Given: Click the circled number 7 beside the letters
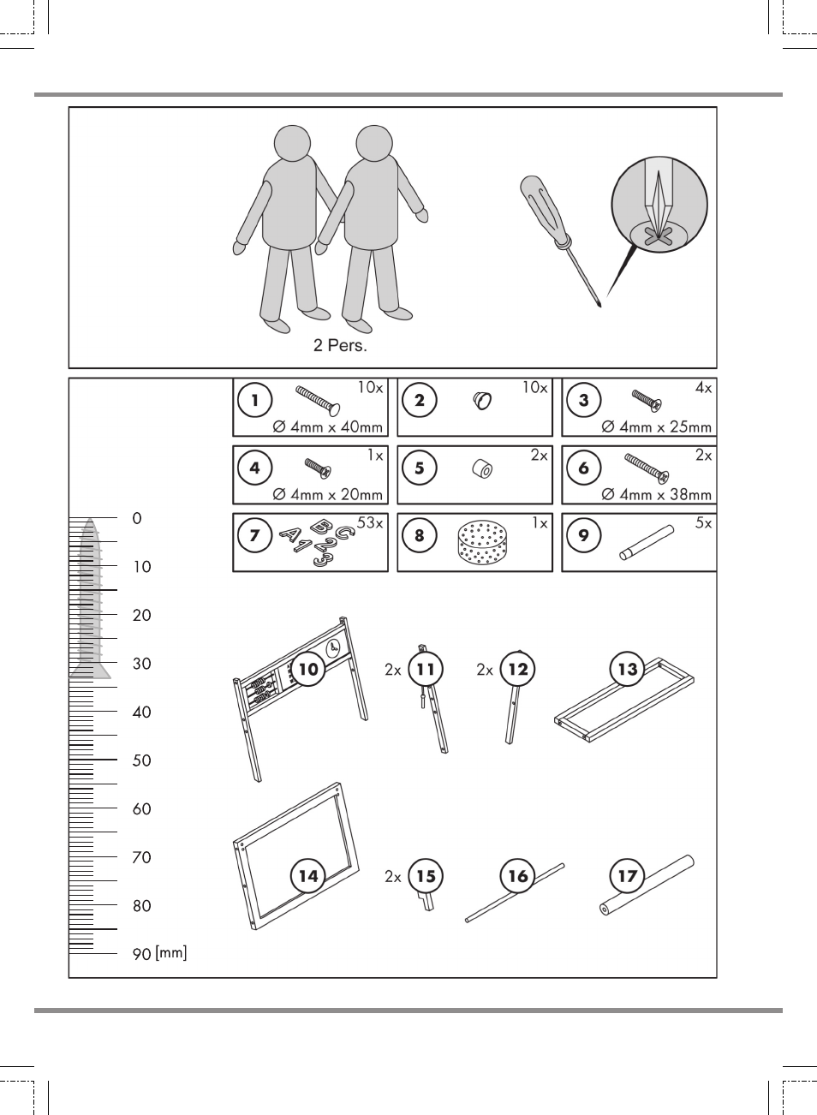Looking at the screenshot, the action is pos(255,535).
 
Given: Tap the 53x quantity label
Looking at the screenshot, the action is pos(370,522).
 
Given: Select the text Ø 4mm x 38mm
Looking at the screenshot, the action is pos(656,494).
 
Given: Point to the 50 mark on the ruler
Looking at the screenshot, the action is pos(141,760).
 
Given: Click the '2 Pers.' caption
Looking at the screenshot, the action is pos(340,345).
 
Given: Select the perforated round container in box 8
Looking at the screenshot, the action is pos(481,543).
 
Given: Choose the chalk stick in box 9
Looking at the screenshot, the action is pos(647,543).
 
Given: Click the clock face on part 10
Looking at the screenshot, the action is pos(334,648).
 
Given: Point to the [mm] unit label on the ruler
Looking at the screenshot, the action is pos(171,953).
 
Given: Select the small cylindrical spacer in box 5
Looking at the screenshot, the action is pos(482,469).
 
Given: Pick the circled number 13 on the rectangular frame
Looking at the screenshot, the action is pos(628,669).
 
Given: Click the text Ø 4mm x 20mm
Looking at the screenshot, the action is pos(328,494).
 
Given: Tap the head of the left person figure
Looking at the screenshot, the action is pos(292,143).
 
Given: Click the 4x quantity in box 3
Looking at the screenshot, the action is pos(703,387).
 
